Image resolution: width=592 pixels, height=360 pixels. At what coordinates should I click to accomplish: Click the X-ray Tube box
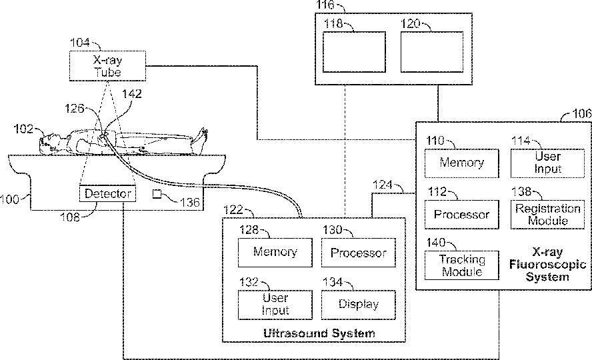108,65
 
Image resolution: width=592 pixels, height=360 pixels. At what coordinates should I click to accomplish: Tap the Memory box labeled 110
461,162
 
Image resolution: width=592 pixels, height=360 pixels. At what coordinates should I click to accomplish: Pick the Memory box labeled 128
275,253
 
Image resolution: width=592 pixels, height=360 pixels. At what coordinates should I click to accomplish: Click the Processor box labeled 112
461,215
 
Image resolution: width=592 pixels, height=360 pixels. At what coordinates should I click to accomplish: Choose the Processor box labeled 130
358,253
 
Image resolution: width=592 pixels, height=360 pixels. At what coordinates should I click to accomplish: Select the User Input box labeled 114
547,162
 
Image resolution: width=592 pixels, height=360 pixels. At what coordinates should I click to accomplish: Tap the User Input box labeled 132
275,304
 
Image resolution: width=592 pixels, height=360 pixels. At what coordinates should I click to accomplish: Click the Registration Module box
547,215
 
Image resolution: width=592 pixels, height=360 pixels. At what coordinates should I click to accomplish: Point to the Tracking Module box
461,265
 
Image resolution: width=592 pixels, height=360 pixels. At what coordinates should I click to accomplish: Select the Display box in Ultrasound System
358,304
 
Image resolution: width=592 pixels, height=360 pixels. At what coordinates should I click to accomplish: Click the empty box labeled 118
354,52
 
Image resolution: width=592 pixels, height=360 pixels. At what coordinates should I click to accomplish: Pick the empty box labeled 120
431,52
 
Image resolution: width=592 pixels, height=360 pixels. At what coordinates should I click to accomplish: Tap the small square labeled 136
157,194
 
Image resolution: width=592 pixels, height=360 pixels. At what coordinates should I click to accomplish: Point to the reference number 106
581,114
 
